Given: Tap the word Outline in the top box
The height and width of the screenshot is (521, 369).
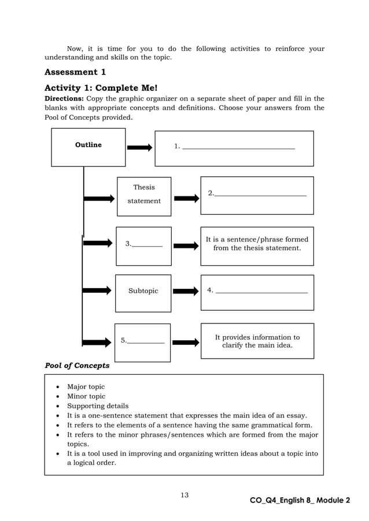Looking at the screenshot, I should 88,145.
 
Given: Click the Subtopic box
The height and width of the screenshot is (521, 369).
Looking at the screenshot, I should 143,292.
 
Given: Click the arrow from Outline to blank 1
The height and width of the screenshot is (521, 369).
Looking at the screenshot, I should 139,148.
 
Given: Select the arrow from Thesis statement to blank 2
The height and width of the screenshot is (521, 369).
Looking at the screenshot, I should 186,199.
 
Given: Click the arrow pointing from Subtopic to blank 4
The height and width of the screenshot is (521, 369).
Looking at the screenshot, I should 186,292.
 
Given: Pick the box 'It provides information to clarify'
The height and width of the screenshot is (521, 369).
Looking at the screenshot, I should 257,341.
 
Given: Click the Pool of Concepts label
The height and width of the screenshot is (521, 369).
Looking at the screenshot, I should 77,366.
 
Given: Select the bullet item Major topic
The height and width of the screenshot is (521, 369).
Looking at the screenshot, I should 86,387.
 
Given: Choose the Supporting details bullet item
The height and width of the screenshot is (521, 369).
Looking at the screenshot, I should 98,406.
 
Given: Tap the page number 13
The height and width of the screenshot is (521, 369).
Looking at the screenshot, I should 184,495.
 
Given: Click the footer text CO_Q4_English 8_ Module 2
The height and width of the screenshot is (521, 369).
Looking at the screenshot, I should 300,500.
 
